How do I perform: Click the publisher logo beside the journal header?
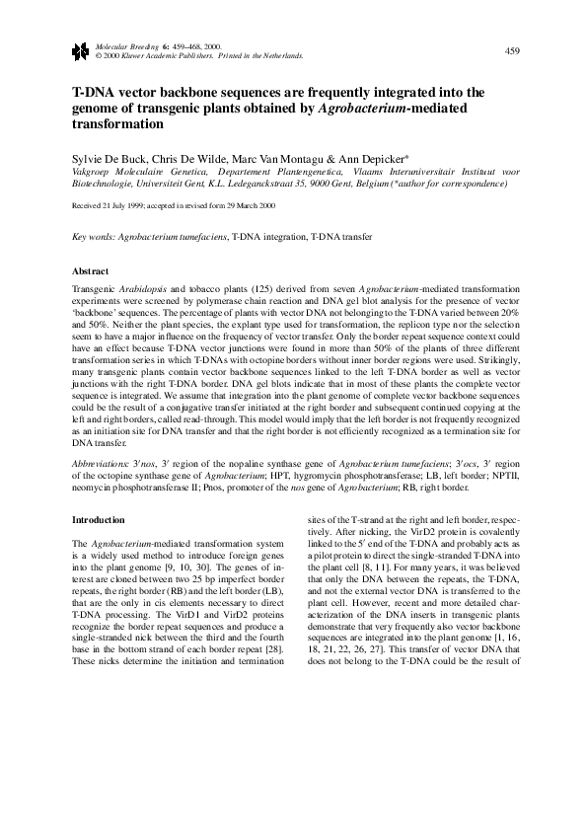(80, 49)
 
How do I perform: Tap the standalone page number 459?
(512, 50)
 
